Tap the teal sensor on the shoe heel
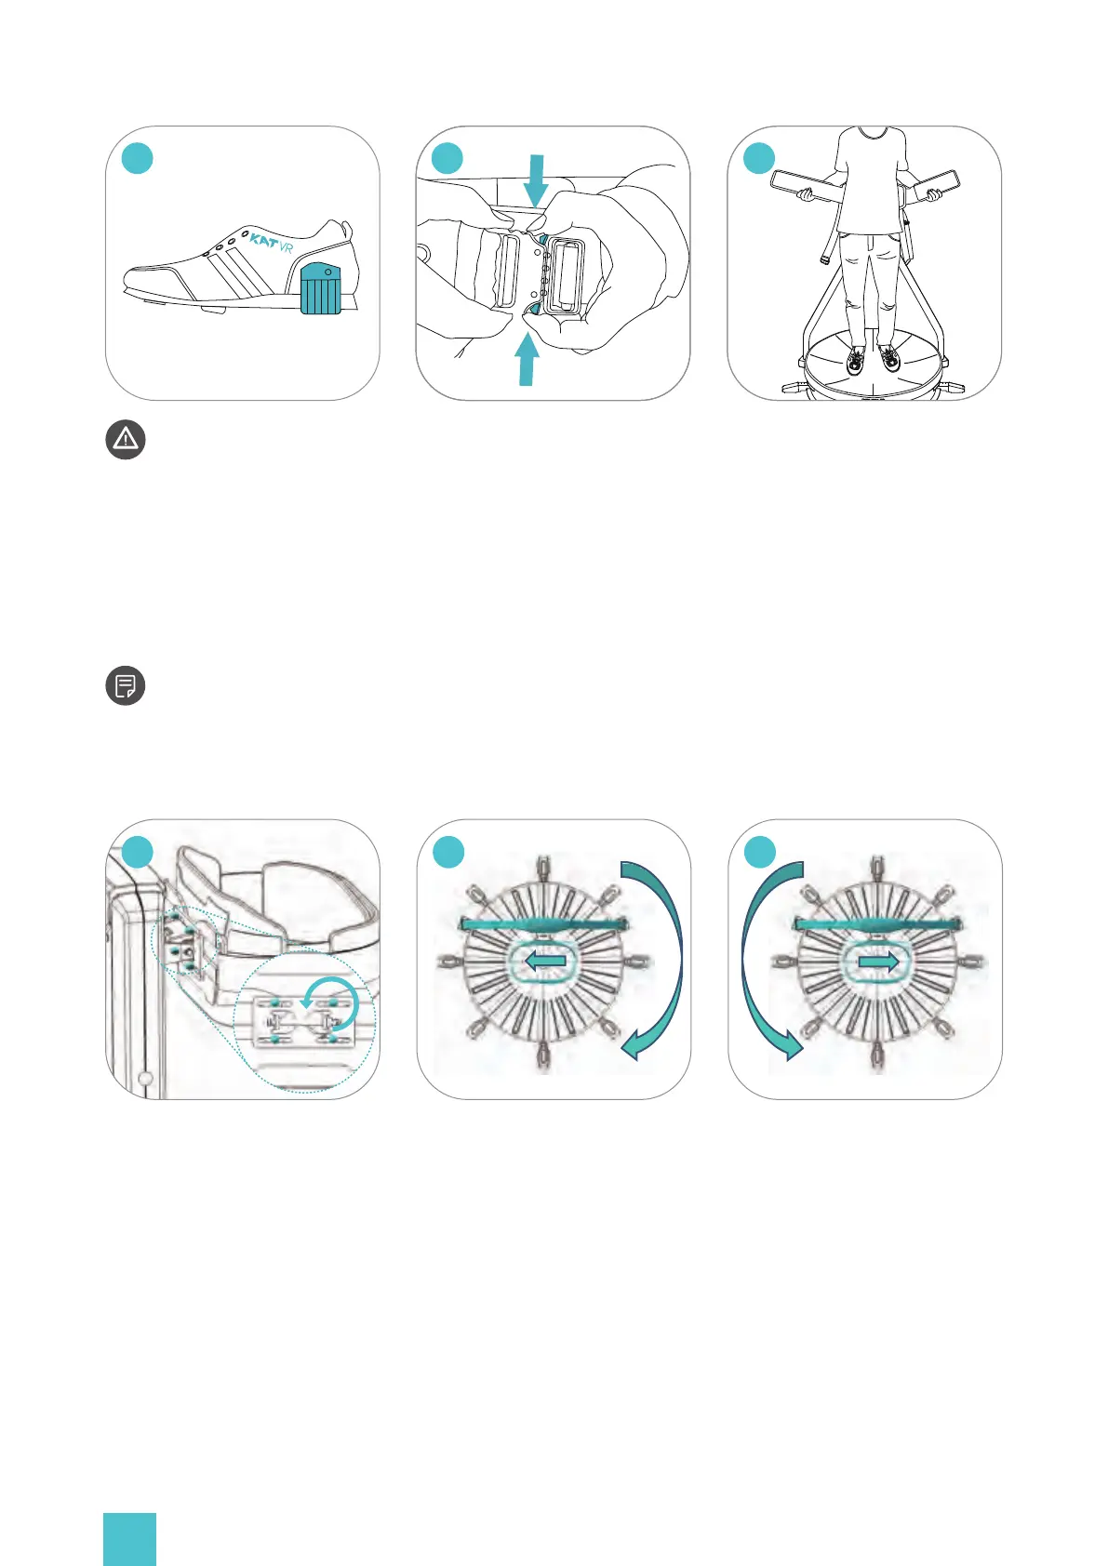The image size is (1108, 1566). click(x=321, y=288)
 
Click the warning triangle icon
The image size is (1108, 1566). click(x=126, y=439)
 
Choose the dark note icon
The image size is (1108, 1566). click(x=125, y=686)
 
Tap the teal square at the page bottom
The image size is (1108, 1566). click(x=129, y=1539)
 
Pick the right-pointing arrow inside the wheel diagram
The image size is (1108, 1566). click(x=878, y=962)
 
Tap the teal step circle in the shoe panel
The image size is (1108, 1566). click(x=138, y=158)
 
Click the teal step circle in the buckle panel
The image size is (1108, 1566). click(x=447, y=158)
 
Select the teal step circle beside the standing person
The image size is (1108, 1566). click(x=759, y=158)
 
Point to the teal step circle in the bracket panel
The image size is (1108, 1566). click(x=138, y=852)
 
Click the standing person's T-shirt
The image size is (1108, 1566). click(x=870, y=181)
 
